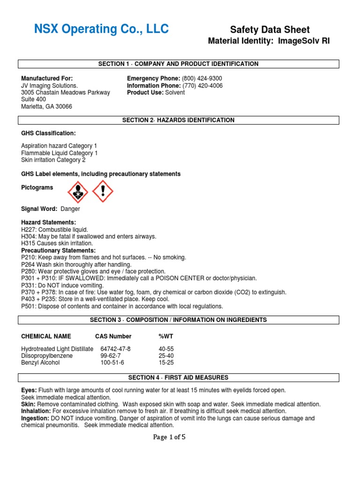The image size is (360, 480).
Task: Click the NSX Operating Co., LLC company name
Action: click(x=101, y=30)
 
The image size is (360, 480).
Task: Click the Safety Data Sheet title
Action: click(x=270, y=30)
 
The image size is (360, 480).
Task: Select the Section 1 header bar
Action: click(x=178, y=64)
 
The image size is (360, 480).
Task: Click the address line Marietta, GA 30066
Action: click(x=46, y=106)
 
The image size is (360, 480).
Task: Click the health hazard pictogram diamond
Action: click(x=78, y=192)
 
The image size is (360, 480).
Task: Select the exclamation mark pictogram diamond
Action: click(x=102, y=192)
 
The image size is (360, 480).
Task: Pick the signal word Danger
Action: click(x=71, y=209)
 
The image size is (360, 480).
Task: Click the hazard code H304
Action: click(x=29, y=237)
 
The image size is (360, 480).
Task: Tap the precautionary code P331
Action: click(x=29, y=285)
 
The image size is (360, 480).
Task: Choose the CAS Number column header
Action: click(x=113, y=336)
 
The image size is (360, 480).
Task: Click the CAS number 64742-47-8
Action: click(x=115, y=349)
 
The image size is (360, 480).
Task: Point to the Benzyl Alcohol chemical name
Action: click(x=40, y=362)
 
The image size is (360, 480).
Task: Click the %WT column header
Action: click(x=166, y=336)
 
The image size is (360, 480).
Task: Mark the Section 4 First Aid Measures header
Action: click(x=178, y=377)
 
